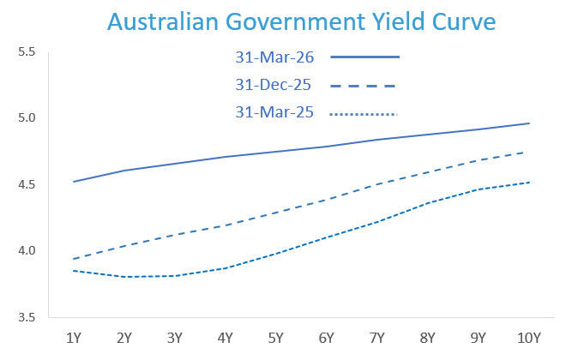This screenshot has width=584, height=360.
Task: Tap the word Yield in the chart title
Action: [393, 21]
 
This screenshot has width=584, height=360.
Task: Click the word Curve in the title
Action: [462, 21]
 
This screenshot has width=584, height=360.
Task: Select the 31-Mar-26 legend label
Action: [274, 57]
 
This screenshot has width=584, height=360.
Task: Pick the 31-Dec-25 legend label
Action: [274, 85]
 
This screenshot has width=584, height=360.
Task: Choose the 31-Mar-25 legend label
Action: [274, 112]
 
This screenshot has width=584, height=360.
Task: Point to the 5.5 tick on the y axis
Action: [26, 52]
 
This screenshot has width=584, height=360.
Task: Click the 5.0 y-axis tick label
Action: [26, 118]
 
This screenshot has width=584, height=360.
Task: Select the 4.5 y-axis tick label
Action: [26, 184]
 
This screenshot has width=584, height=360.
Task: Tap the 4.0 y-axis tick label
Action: [26, 251]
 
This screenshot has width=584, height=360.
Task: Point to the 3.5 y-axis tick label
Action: [26, 317]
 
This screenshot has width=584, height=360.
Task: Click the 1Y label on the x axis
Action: [74, 338]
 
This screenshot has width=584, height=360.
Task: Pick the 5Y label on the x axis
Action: [276, 338]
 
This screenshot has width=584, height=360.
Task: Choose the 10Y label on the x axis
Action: [529, 338]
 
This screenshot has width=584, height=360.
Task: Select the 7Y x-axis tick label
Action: [377, 338]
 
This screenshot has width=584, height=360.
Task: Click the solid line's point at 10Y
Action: [529, 123]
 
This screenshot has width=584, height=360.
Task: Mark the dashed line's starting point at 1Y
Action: [74, 259]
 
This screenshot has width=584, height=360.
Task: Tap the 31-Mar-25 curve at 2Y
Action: [124, 277]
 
